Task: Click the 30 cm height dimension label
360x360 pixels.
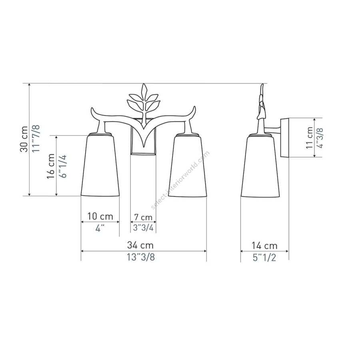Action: [24, 139]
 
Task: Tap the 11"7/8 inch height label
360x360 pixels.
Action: [36, 138]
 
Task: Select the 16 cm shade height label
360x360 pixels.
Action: [50, 166]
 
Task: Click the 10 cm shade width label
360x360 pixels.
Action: [100, 216]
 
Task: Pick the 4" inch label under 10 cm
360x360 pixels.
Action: [100, 228]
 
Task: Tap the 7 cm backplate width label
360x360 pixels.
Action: [143, 217]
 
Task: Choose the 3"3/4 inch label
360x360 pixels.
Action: [143, 228]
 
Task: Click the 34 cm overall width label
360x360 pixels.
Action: [140, 245]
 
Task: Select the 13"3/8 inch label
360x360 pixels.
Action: [141, 257]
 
